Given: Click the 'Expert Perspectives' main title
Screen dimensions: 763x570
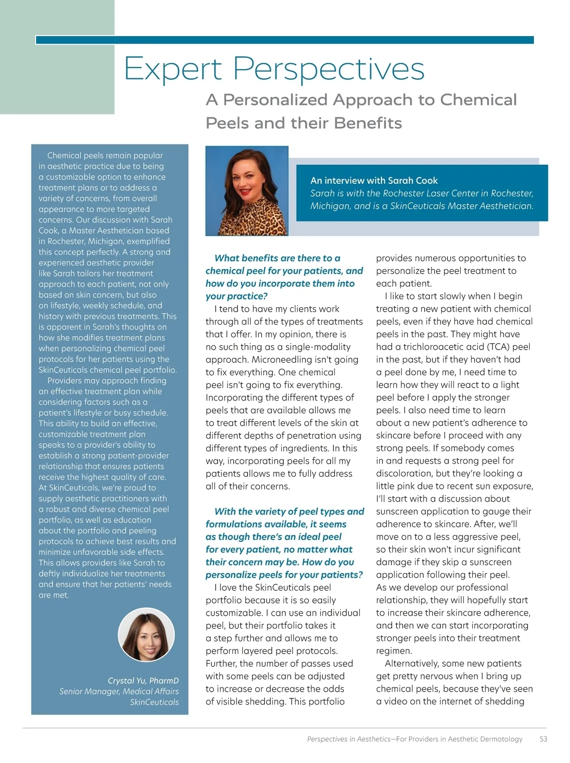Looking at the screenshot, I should click(x=274, y=69).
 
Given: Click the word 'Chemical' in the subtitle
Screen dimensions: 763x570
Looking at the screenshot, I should click(x=478, y=100).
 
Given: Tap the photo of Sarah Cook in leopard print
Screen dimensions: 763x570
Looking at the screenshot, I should click(x=247, y=191).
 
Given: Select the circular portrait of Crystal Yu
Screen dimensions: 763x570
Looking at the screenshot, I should click(x=146, y=635).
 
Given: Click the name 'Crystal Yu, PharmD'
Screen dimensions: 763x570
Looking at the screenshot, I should click(x=143, y=681).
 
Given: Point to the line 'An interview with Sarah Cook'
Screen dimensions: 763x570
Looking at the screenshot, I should click(x=374, y=181).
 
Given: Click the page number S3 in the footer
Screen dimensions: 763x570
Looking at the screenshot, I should click(x=543, y=739).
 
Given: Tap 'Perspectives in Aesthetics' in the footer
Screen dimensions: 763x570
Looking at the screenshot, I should click(x=349, y=739).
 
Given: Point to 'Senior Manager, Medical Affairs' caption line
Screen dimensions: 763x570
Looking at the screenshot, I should click(x=119, y=691).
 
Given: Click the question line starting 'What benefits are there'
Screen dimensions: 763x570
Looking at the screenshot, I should click(x=277, y=258).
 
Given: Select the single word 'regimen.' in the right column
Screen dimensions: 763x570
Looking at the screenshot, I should click(x=394, y=651).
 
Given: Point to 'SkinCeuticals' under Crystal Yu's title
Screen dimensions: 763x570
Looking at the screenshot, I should click(x=154, y=702).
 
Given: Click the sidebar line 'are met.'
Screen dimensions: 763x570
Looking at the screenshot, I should click(x=54, y=595).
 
